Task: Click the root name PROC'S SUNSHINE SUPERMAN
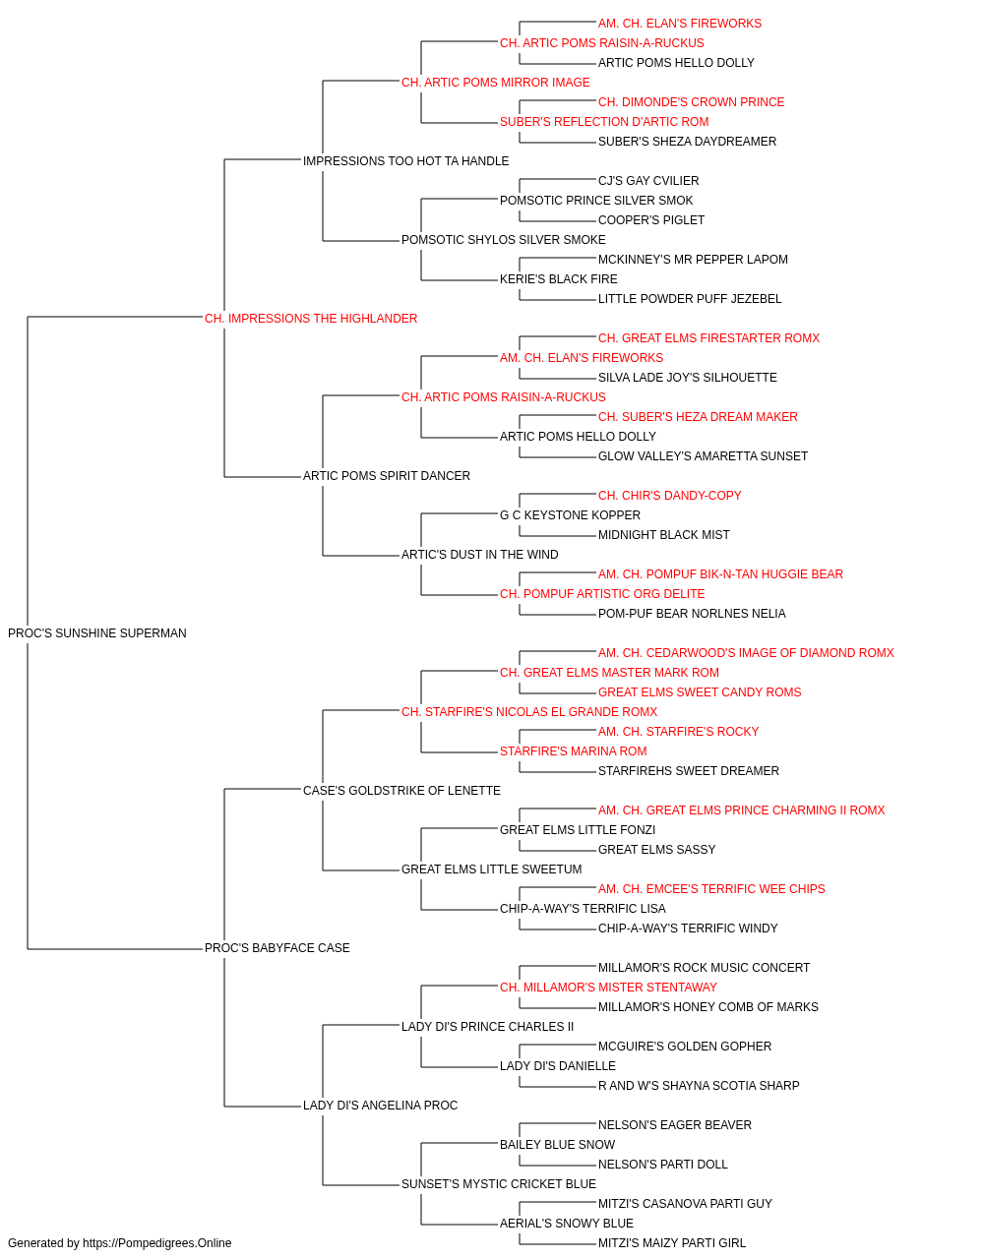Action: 97,633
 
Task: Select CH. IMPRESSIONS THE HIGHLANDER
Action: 311,319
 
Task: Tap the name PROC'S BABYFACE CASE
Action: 277,948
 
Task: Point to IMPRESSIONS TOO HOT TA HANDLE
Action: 405,161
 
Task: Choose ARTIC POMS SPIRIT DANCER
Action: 387,476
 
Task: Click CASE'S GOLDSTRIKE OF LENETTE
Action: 401,790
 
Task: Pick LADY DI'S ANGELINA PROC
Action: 380,1105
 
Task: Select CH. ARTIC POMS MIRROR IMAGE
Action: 496,83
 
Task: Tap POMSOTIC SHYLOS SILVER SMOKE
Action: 504,240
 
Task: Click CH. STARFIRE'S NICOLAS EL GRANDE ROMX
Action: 529,711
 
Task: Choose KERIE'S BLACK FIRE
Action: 559,279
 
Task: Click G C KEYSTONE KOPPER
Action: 571,515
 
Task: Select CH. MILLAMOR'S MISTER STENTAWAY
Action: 608,988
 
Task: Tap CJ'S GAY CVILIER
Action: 648,181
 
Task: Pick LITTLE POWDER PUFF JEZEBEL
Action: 690,299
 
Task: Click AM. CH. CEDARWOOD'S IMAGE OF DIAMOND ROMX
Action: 746,653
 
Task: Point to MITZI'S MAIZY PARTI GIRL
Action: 672,1243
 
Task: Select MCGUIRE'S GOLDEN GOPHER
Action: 685,1047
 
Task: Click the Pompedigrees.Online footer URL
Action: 157,1243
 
